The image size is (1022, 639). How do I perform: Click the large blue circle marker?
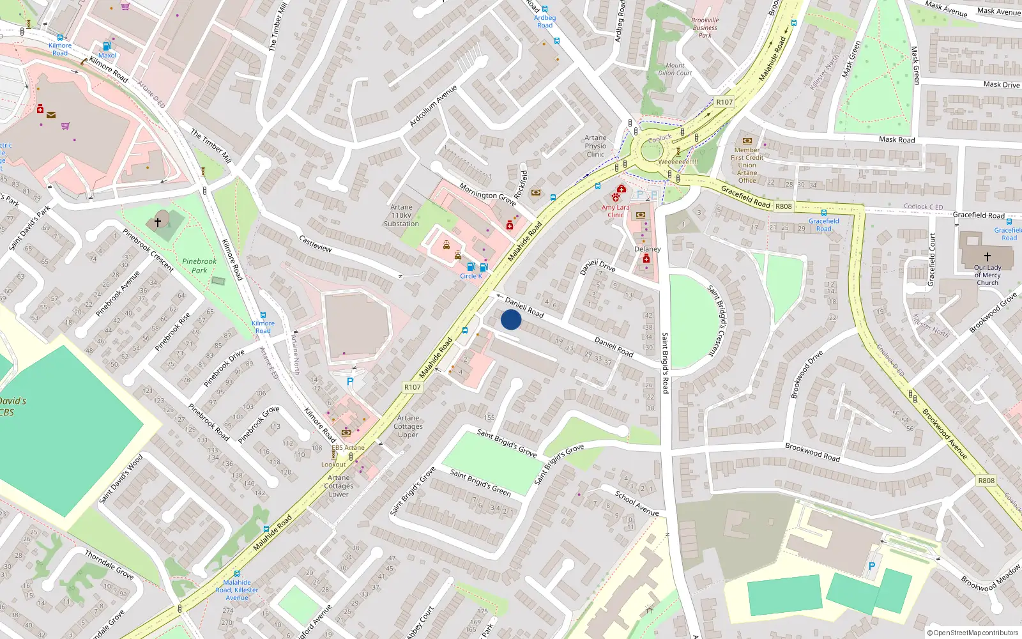click(x=511, y=319)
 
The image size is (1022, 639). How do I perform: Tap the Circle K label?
click(x=471, y=276)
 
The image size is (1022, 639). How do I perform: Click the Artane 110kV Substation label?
click(x=401, y=215)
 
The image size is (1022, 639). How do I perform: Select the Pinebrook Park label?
click(x=199, y=266)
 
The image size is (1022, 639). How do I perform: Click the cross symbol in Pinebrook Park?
click(x=158, y=222)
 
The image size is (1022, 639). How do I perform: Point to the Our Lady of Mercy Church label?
click(x=987, y=275)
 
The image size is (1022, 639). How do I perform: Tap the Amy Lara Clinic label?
click(x=615, y=212)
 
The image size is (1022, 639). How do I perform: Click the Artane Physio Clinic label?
click(x=595, y=146)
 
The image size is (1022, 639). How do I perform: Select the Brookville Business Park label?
click(x=705, y=27)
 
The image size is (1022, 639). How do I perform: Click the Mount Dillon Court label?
click(x=675, y=69)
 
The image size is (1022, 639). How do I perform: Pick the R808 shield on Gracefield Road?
click(x=783, y=206)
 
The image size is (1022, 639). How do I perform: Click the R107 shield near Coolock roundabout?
click(x=724, y=102)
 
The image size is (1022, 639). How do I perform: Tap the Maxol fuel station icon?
click(x=107, y=46)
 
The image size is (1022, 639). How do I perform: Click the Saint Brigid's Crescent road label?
click(x=721, y=320)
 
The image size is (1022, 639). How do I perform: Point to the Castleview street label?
click(x=316, y=243)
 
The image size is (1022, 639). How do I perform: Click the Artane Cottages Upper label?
click(x=408, y=426)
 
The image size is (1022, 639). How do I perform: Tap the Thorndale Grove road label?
click(x=109, y=565)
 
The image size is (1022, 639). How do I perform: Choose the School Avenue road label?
click(x=636, y=503)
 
